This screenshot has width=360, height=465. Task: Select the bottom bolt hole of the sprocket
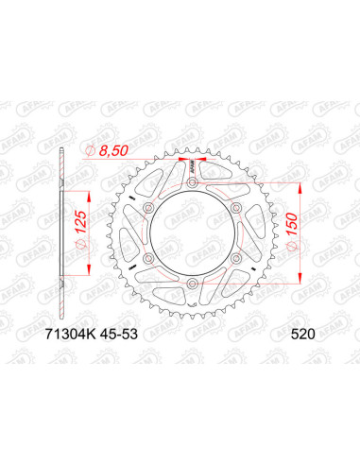point(192,283)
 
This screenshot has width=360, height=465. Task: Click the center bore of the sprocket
point(192,234)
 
